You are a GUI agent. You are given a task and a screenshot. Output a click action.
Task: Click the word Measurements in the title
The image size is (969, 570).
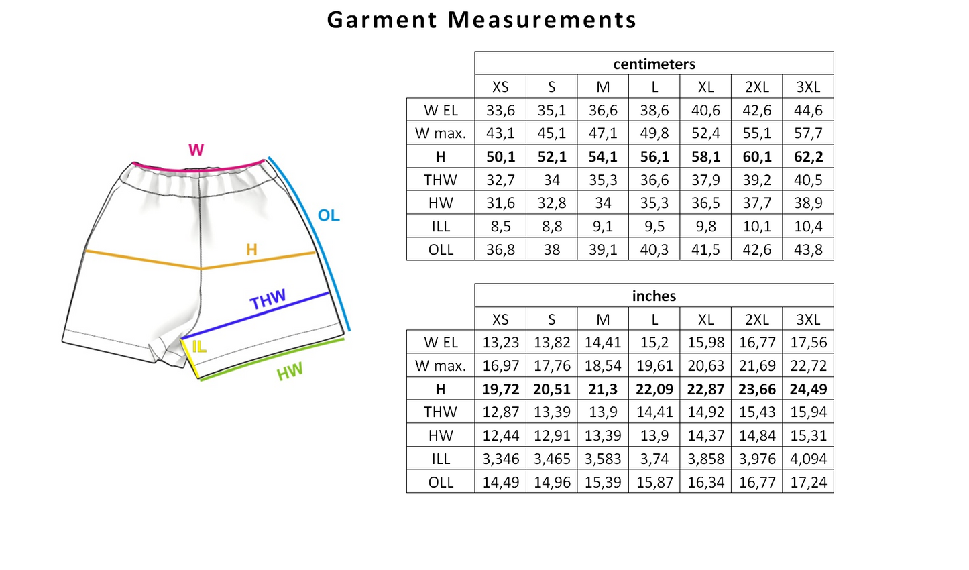tap(542, 20)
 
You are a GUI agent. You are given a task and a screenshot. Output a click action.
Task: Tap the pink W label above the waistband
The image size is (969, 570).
tap(196, 150)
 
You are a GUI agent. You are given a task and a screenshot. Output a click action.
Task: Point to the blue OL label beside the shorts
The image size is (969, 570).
tap(329, 215)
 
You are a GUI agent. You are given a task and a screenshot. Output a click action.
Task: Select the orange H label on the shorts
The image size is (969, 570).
tap(251, 249)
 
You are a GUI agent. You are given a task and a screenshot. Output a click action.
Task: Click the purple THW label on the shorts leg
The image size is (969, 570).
tap(268, 299)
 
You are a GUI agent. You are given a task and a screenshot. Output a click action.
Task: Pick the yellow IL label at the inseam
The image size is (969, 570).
tap(199, 347)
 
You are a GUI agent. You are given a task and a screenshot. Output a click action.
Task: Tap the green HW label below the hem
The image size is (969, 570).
tap(290, 372)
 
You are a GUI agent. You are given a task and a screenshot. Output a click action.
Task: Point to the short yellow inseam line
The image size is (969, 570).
tap(190, 359)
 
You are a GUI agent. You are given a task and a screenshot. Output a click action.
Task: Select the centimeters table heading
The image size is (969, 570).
tap(654, 64)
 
